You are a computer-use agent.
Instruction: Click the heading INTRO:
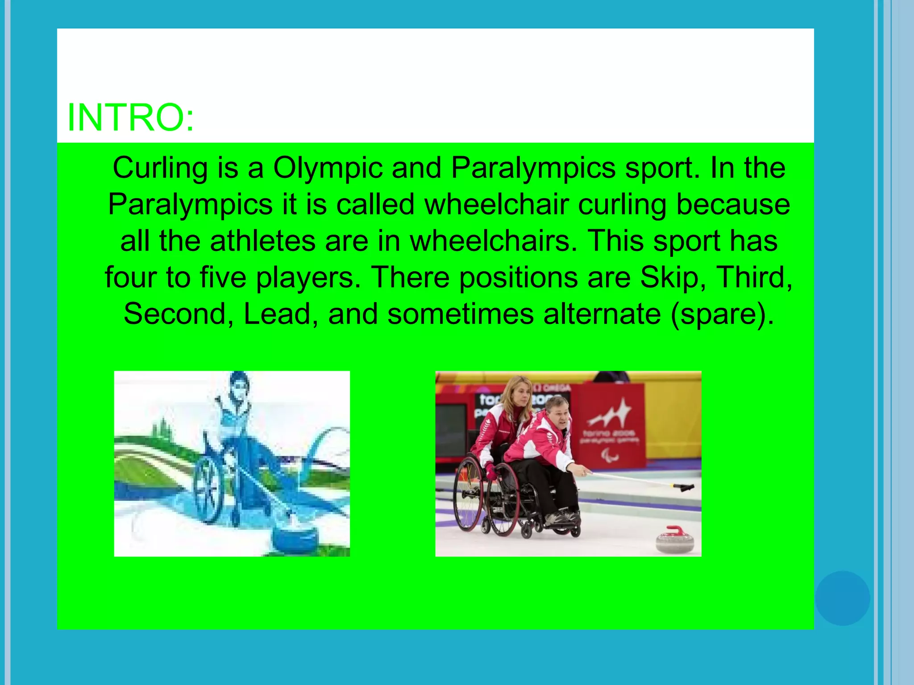130,117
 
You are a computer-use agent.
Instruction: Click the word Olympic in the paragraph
328,168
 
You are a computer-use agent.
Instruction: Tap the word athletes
263,241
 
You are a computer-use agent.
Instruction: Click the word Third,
754,277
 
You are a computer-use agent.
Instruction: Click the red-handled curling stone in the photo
675,540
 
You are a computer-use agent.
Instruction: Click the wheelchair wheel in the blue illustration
209,490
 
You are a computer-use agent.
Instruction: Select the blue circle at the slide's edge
842,598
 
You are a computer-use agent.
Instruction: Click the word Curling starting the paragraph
160,168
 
